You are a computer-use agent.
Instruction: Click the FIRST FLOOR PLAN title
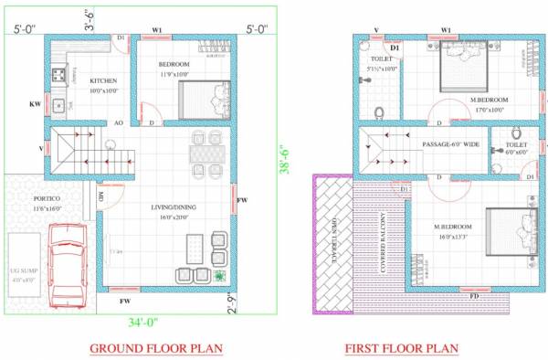pos(402,348)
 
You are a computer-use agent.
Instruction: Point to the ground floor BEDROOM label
pos(174,64)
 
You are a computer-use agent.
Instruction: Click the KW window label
pos(36,104)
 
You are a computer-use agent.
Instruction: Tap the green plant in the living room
pos(220,275)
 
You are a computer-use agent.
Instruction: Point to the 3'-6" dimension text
pos(92,17)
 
